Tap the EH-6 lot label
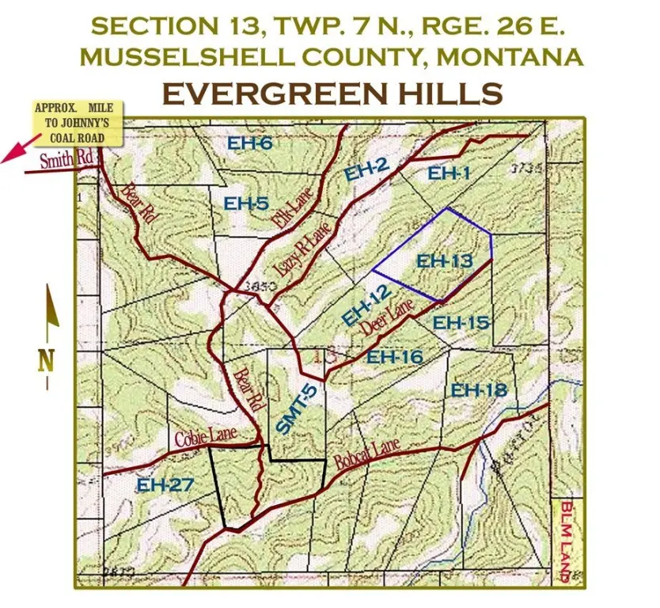pos(250,143)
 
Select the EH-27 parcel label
pos(165,484)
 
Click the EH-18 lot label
pos(478,389)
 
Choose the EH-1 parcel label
pos(449,173)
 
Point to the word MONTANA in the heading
pos(511,57)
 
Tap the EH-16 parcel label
pos(395,357)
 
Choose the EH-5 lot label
pos(246,203)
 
